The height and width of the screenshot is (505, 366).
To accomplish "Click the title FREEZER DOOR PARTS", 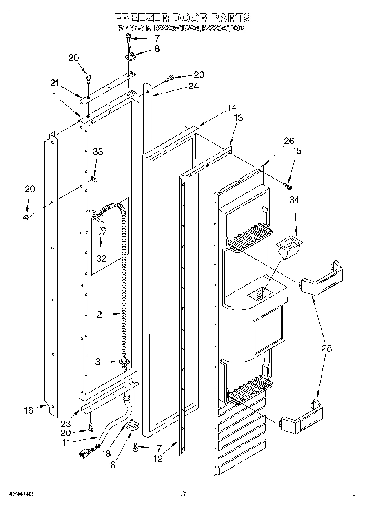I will point(182,18).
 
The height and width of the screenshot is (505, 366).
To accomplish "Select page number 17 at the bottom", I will point(183,494).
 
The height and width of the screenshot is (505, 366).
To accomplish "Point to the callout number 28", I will point(326,348).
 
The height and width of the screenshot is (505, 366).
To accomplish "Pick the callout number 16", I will point(29,410).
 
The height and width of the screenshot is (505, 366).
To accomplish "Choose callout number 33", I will point(98,152).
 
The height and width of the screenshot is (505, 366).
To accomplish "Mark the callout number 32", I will point(101,258).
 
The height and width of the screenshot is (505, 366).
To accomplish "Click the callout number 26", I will point(289,141).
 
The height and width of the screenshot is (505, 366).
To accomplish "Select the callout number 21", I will point(55,83).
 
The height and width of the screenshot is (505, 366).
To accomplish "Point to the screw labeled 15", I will point(288,186).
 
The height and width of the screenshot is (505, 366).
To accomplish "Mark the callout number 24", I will point(193,86).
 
